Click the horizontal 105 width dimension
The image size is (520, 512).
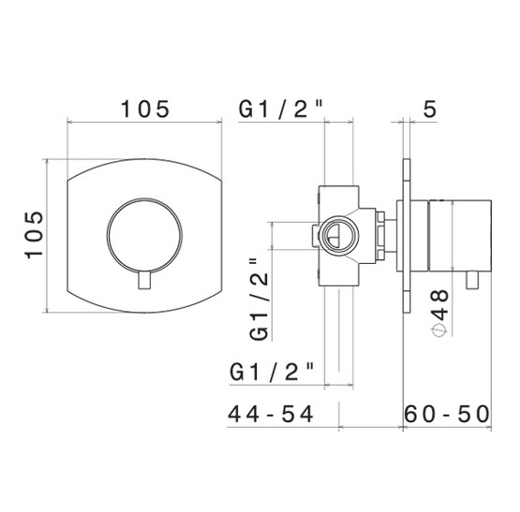point(145,109)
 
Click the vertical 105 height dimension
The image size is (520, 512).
point(34,235)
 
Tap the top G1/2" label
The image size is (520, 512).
point(280,109)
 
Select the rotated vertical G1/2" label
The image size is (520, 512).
point(259,300)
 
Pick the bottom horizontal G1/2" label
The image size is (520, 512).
point(272,372)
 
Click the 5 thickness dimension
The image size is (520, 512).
point(430,109)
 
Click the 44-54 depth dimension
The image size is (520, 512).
point(270,414)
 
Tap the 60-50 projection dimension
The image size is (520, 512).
point(447,414)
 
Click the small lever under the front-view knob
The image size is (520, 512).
point(144,280)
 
